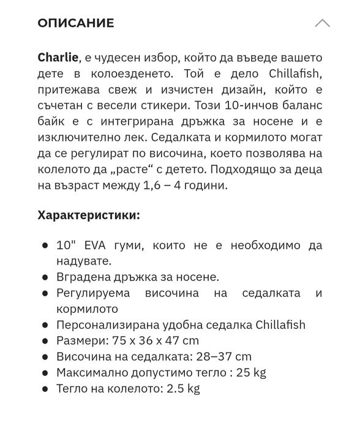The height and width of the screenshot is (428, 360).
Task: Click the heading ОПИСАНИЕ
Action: click(x=75, y=23)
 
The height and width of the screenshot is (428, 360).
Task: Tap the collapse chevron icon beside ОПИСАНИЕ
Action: click(x=322, y=23)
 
